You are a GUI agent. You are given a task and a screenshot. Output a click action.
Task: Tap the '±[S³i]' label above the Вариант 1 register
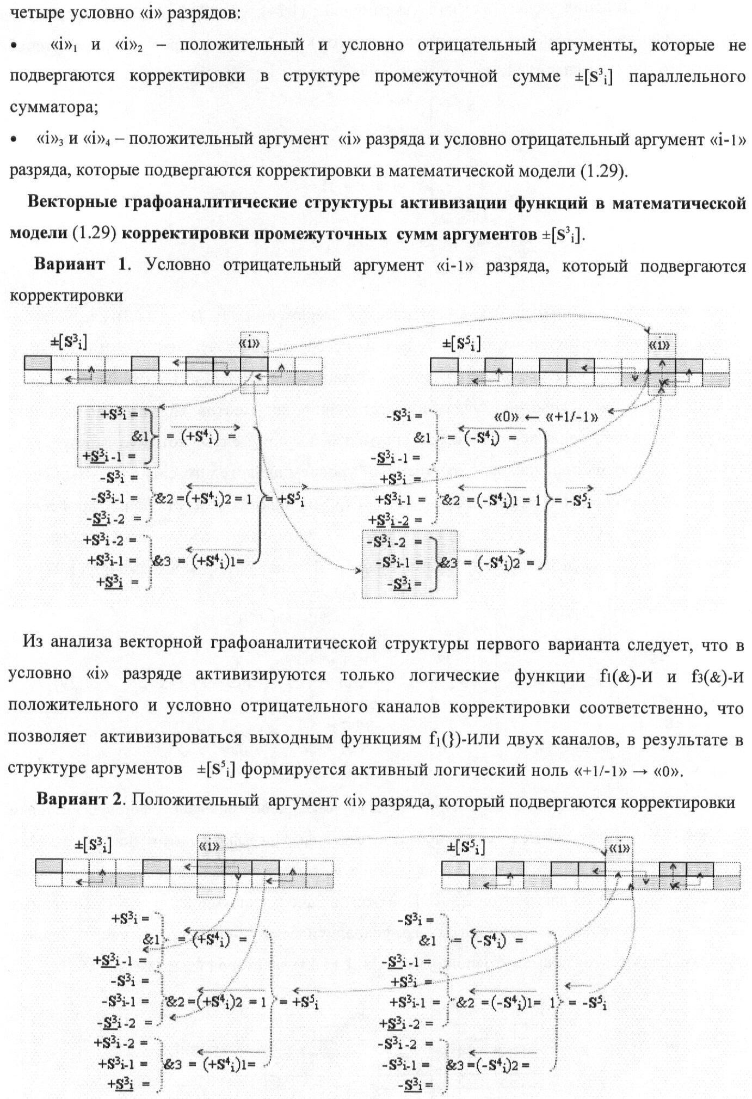pyautogui.click(x=68, y=342)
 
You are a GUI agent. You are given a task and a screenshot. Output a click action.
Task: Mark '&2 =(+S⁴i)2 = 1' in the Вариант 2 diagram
pyautogui.click(x=217, y=1002)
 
